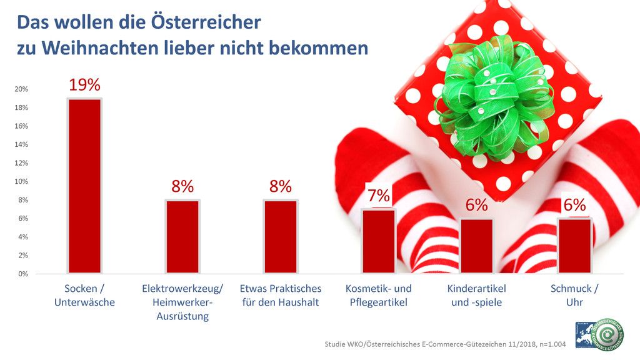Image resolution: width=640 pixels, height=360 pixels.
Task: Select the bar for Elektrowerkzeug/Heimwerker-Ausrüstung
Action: pyautogui.click(x=182, y=237)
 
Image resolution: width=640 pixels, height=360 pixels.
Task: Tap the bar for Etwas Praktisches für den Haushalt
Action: pyautogui.click(x=281, y=237)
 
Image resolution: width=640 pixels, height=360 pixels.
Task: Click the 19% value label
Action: pyautogui.click(x=84, y=86)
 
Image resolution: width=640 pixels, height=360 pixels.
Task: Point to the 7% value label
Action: pyautogui.click(x=379, y=196)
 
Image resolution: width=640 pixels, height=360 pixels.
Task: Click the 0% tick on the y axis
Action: pyautogui.click(x=23, y=274)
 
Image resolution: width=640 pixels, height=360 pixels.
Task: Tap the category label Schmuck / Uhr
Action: pyautogui.click(x=574, y=295)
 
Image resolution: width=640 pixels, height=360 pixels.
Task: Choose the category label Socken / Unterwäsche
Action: pyautogui.click(x=84, y=295)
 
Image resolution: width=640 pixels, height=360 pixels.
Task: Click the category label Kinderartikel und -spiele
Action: pyautogui.click(x=477, y=295)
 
